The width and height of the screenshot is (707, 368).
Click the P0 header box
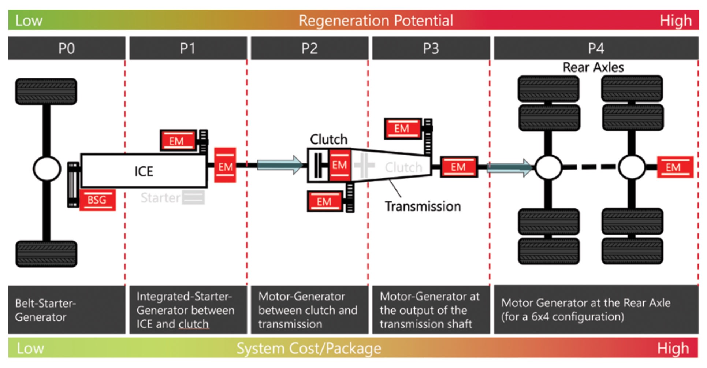pos(67,48)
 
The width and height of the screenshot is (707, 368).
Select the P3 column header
pos(431,48)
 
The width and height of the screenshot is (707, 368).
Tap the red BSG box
pos(97,200)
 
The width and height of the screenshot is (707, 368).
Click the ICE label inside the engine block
pos(144,171)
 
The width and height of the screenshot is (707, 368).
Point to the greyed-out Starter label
pos(160,198)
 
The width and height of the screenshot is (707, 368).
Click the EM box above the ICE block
pos(178,141)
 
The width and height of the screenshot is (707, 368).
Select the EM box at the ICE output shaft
pos(225,166)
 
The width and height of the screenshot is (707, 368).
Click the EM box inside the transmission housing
pos(340,165)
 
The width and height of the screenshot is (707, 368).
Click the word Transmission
pos(423,207)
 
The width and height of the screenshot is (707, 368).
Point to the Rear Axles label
pos(593,67)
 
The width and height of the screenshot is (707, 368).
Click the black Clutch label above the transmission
pos(328,140)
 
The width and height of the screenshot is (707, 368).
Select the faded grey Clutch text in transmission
pos(403,167)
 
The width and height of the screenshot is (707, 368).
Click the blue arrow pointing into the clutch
pos(280,165)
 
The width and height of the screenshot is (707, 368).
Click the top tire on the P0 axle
pos(46,92)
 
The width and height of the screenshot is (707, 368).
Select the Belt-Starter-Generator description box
pos(67,310)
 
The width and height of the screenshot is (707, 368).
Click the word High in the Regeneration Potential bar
pos(676,21)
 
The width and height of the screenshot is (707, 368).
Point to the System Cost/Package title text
pos(309,348)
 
